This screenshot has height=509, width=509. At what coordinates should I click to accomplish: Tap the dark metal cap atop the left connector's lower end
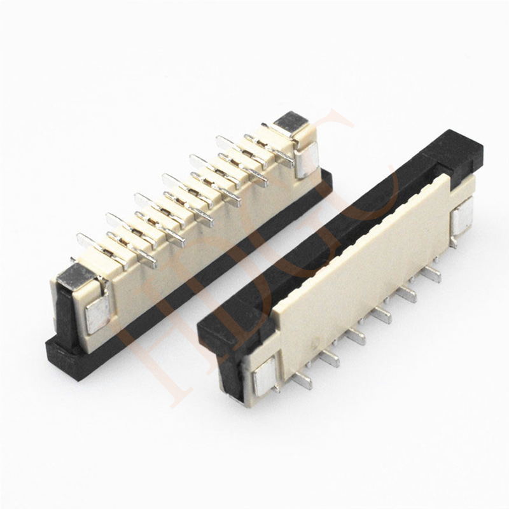(76, 275)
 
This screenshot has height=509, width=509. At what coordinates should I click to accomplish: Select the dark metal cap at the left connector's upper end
(290, 122)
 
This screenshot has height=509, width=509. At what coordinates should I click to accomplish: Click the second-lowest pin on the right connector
(330, 359)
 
